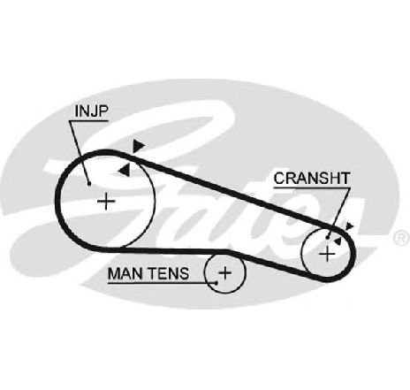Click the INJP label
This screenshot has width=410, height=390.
[x=92, y=111]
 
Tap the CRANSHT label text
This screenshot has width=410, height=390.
[x=312, y=178]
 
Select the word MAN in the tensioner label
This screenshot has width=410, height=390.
[x=123, y=273]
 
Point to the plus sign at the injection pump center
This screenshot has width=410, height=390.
[x=106, y=201]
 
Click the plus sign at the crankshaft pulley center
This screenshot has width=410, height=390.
[x=327, y=254]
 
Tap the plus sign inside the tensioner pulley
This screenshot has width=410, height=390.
[x=225, y=272]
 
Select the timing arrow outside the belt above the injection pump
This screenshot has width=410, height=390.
[x=138, y=146]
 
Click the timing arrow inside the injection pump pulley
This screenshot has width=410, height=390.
[x=124, y=170]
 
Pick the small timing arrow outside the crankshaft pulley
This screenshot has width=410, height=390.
[x=349, y=226]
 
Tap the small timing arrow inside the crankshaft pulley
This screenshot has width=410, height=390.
[x=338, y=241]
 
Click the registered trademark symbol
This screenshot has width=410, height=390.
[x=402, y=238]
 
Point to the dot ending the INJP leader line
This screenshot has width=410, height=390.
[x=89, y=184]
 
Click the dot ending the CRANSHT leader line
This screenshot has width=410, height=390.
[x=328, y=237]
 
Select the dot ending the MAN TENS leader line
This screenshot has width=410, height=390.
[x=216, y=283]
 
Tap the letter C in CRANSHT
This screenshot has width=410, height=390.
[x=279, y=179]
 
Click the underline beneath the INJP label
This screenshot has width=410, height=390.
[x=88, y=120]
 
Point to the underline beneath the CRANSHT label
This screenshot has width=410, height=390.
[x=312, y=187]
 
